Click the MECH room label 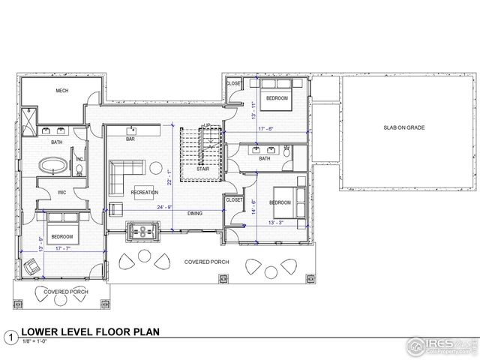pyautogui.click(x=62, y=91)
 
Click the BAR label pyautogui.click(x=130, y=139)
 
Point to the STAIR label pyautogui.click(x=202, y=169)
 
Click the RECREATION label pyautogui.click(x=143, y=192)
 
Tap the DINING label pyautogui.click(x=195, y=214)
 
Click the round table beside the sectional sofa pyautogui.click(x=154, y=166)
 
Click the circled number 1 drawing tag pyautogui.click(x=10, y=337)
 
